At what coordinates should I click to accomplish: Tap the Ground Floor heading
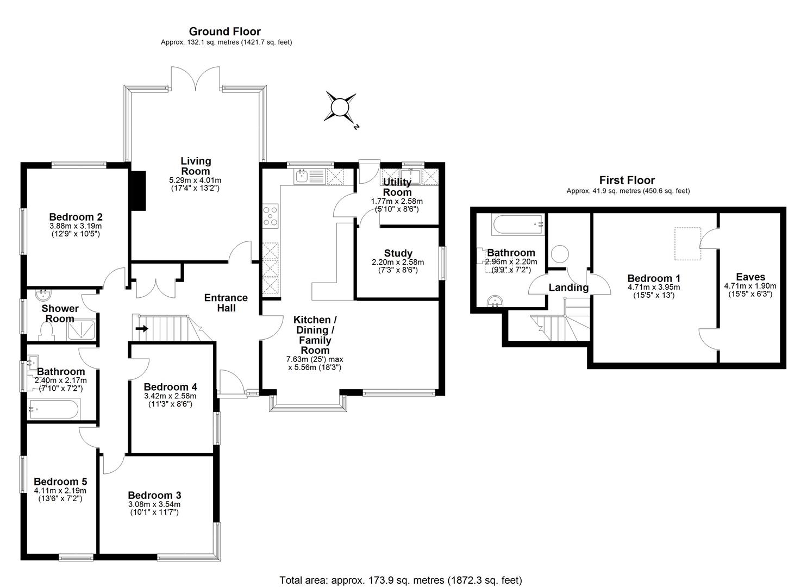pos(224,32)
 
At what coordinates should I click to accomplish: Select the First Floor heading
pos(627,180)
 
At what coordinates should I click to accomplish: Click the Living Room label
pos(196,166)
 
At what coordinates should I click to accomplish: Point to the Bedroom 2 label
pos(76,216)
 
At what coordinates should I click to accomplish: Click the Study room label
pos(398,253)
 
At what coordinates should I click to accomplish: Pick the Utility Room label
pos(397,187)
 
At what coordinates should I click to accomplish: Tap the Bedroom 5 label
pos(60,482)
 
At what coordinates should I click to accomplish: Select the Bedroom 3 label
pos(154,495)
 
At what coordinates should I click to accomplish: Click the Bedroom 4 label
pos(170,387)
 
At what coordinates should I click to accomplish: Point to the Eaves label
pos(750,277)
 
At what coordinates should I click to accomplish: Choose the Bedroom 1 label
pos(653,278)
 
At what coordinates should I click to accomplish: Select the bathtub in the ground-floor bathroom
pos(54,409)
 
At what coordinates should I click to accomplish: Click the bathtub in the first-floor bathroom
pos(517,224)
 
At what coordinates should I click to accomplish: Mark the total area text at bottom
pos(401,580)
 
